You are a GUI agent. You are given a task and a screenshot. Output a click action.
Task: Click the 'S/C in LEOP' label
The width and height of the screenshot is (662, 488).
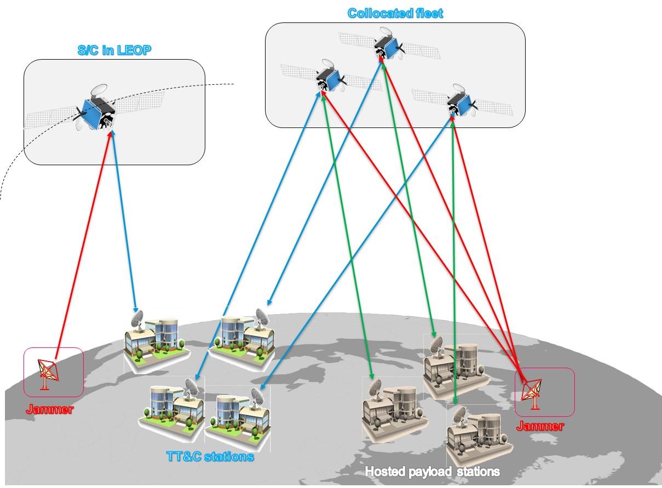[114, 50]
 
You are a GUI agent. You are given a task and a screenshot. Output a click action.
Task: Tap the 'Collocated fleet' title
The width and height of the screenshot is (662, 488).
[395, 13]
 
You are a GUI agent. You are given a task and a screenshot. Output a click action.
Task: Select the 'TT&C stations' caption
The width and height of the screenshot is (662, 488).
[210, 456]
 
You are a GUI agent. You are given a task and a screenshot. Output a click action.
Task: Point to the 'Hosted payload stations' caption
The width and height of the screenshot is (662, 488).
[432, 471]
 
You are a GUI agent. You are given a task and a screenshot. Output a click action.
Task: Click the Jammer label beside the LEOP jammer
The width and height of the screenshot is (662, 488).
[49, 409]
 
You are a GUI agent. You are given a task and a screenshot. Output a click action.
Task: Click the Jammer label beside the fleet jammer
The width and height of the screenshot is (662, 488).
[539, 426]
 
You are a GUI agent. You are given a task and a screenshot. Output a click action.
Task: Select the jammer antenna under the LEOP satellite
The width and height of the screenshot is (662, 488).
[48, 373]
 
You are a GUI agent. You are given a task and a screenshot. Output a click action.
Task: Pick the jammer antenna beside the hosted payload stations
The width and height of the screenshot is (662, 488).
[531, 392]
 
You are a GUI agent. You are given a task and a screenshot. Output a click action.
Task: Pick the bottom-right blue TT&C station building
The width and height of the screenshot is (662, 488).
[238, 413]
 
